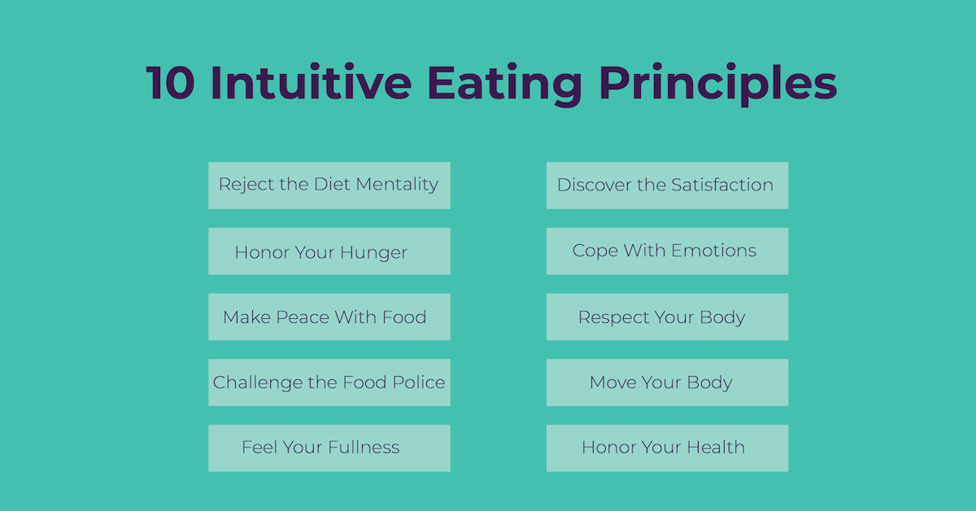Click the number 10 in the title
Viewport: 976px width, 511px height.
click(x=172, y=84)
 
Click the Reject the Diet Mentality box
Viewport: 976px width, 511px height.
click(x=329, y=185)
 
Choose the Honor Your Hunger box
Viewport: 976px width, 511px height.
click(x=329, y=251)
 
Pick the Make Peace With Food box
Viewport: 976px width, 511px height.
click(x=329, y=317)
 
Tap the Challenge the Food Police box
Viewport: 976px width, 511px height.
click(x=329, y=382)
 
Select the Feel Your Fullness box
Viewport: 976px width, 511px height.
click(x=329, y=448)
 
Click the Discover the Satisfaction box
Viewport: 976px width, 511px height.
click(x=667, y=185)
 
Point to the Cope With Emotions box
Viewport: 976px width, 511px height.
click(x=667, y=251)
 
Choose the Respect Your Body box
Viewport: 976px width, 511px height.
click(x=667, y=317)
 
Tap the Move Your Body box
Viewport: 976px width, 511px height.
click(x=667, y=382)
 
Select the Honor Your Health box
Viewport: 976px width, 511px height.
click(x=667, y=448)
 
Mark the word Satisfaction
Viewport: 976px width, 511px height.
click(x=722, y=185)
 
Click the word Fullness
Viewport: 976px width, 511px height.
click(x=363, y=448)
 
